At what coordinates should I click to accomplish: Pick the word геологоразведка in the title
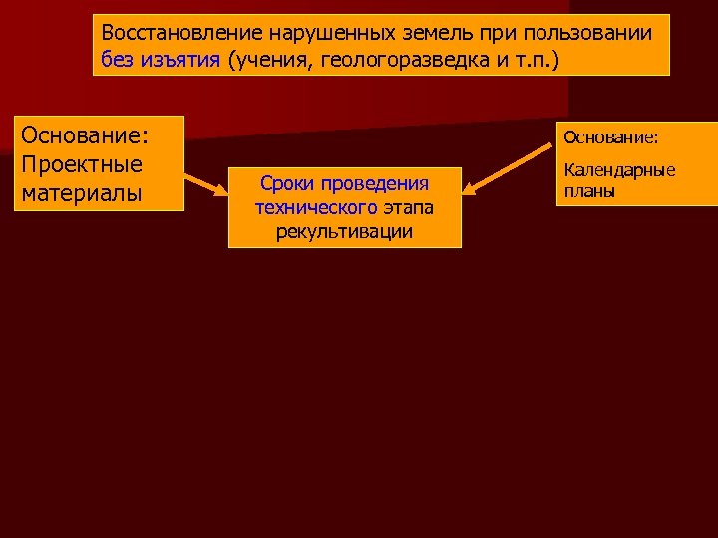tap(406, 59)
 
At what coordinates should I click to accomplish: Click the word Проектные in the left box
tap(82, 163)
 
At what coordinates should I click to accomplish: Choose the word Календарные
tap(619, 170)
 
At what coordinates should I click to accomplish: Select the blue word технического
tap(315, 207)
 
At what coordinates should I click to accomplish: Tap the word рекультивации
tap(344, 231)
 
